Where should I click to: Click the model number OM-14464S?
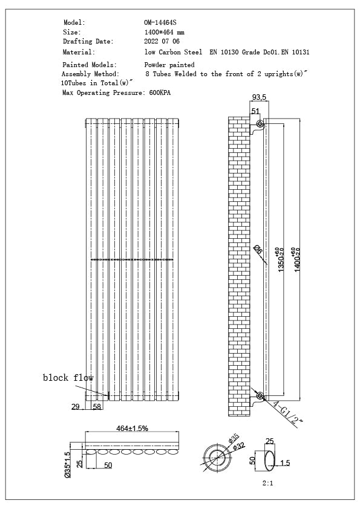coord(159,22)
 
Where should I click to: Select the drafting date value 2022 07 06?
coord(162,42)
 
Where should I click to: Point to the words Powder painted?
coord(169,64)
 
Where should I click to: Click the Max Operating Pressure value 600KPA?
coord(160,93)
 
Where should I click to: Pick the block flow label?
coord(68,378)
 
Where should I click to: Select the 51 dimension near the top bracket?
coord(255,111)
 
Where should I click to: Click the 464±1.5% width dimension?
coord(132,428)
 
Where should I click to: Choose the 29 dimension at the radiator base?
coord(76,407)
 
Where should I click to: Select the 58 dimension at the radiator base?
coord(96,407)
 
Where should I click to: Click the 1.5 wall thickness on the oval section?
coord(285,463)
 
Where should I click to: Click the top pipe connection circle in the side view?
coord(260,125)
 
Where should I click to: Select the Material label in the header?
coord(78,53)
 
